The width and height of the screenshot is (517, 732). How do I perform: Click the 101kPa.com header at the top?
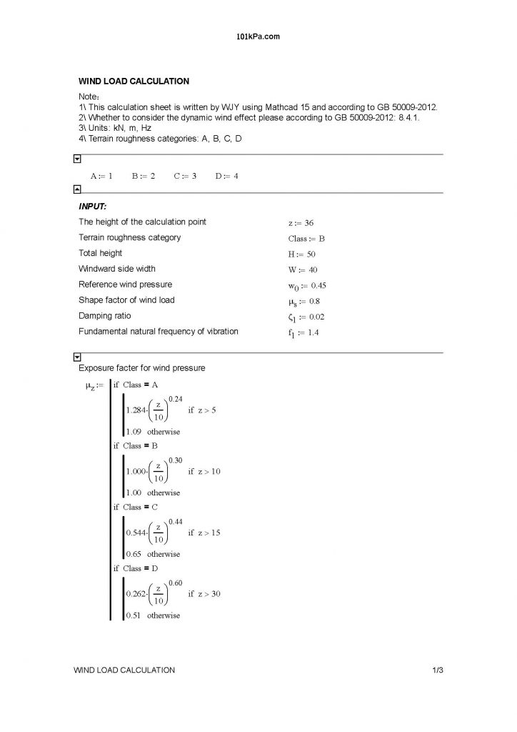258,35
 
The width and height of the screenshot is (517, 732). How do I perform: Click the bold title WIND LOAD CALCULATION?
134,81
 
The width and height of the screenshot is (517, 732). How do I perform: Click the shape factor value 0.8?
315,301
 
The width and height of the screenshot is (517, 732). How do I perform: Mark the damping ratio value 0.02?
318,317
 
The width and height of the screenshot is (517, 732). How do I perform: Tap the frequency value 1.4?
313,332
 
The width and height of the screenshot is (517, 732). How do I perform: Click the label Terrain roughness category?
129,237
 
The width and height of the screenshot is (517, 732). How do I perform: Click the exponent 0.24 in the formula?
176,397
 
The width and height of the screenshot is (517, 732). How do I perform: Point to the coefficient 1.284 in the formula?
136,410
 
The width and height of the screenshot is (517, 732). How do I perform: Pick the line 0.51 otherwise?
153,615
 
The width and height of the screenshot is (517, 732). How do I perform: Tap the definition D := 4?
226,176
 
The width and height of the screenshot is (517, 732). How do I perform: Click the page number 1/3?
438,670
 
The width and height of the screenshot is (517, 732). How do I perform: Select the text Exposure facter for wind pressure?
141,368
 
